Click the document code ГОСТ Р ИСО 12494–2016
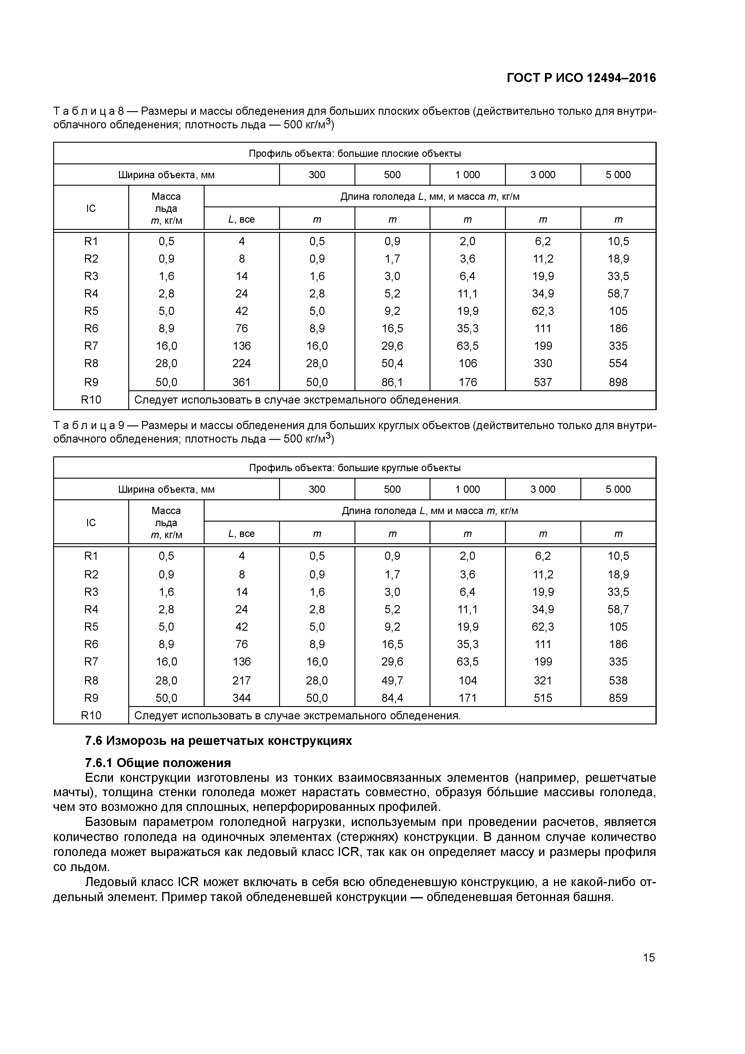581,78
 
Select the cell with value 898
618,382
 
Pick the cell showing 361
242,382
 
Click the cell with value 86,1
392,382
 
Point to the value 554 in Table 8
618,364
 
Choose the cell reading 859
618,698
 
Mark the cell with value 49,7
392,680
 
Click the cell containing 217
242,680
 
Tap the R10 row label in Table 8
91,400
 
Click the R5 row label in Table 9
91,627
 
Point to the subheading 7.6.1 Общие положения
158,763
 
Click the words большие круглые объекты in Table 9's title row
399,468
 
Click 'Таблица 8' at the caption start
89,111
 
